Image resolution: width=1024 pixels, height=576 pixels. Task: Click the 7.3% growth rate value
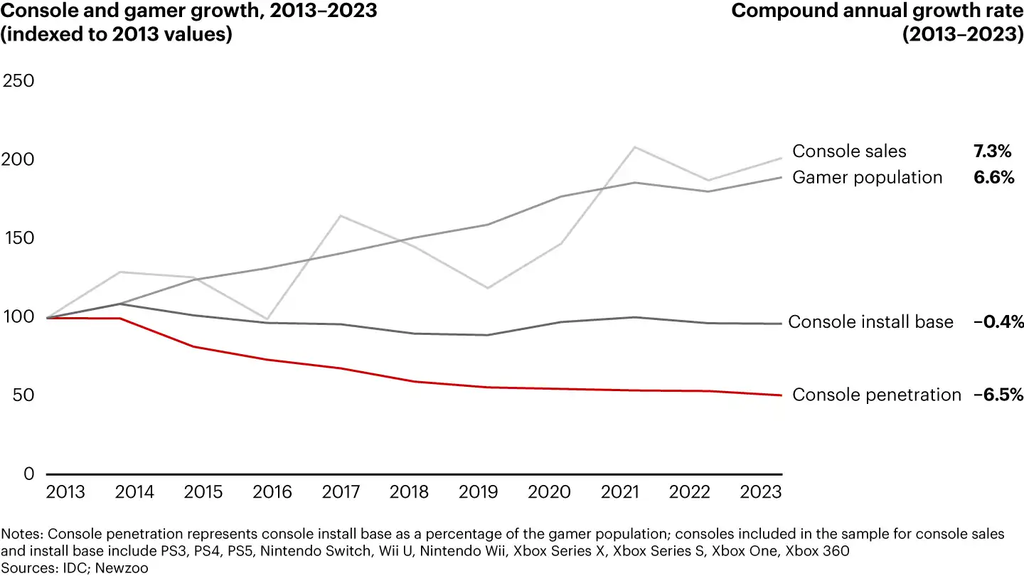point(993,151)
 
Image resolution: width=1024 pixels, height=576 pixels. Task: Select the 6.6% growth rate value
point(993,178)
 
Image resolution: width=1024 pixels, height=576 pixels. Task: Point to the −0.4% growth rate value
point(998,322)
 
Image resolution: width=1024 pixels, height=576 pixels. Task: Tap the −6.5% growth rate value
point(998,395)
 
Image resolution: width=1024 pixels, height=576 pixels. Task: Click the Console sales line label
point(849,151)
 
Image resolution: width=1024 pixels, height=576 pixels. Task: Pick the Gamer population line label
point(867,178)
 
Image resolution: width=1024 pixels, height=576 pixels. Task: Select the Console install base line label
point(870,322)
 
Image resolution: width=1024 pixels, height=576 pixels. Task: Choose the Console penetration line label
point(876,395)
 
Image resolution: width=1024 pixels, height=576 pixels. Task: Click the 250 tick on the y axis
point(19,80)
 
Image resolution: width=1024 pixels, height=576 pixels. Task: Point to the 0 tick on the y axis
point(28,474)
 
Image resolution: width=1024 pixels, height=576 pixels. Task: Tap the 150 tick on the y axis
point(19,238)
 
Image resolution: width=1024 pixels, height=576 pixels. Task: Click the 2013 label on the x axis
point(65,492)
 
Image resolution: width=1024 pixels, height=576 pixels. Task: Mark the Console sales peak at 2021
point(634,147)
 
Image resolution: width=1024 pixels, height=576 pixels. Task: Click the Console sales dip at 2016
point(267,319)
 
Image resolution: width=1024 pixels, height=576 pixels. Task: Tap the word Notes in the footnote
point(21,535)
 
